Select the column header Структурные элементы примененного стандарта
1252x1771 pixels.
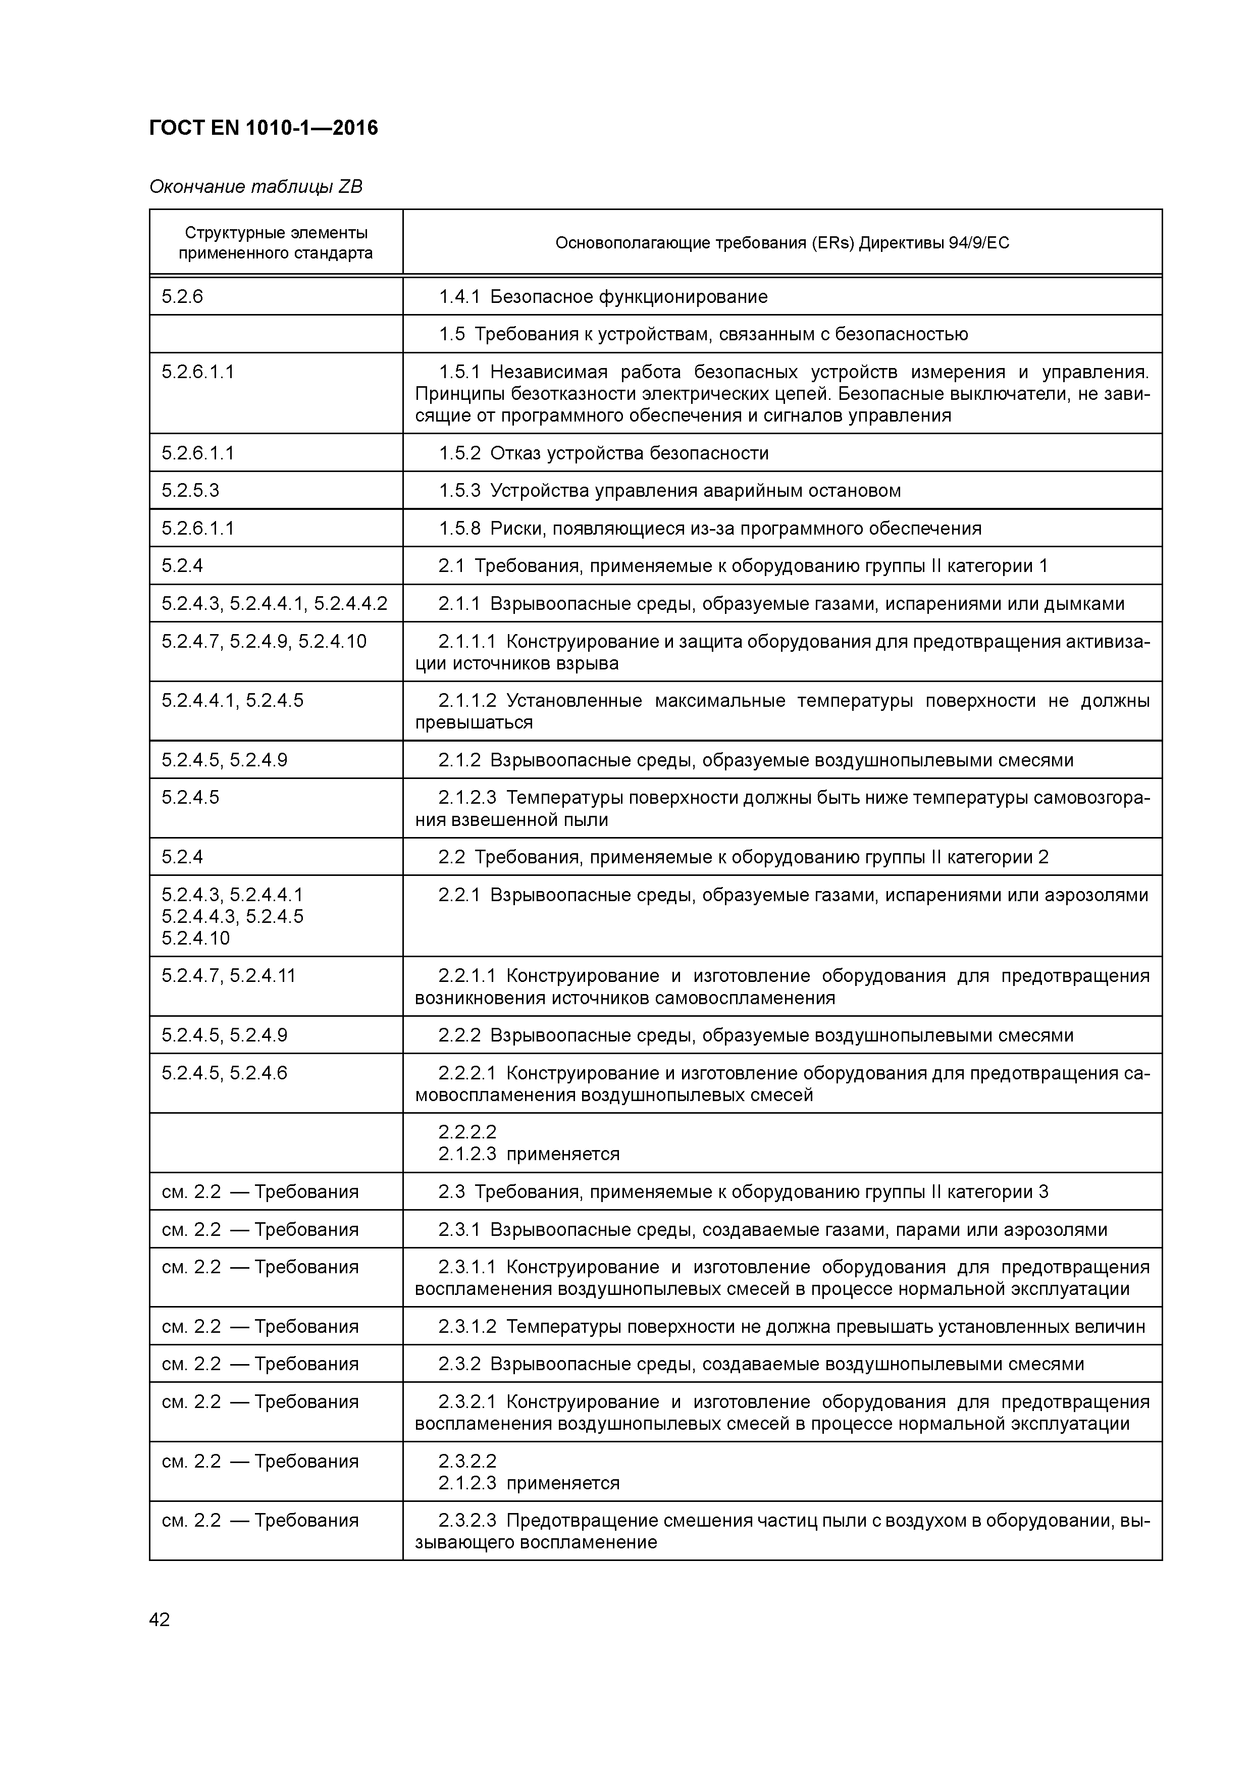coord(276,243)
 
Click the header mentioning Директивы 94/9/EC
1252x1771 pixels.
coord(781,243)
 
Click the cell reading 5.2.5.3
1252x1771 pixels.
coord(190,491)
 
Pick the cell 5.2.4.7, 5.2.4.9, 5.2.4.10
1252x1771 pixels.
coord(264,641)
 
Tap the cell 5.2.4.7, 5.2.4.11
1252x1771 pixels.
coord(228,976)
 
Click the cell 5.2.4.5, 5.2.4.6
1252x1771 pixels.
coord(225,1073)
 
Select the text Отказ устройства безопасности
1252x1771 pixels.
coord(630,453)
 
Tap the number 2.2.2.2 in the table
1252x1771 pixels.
coord(467,1131)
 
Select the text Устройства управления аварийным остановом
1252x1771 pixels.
coord(695,491)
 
